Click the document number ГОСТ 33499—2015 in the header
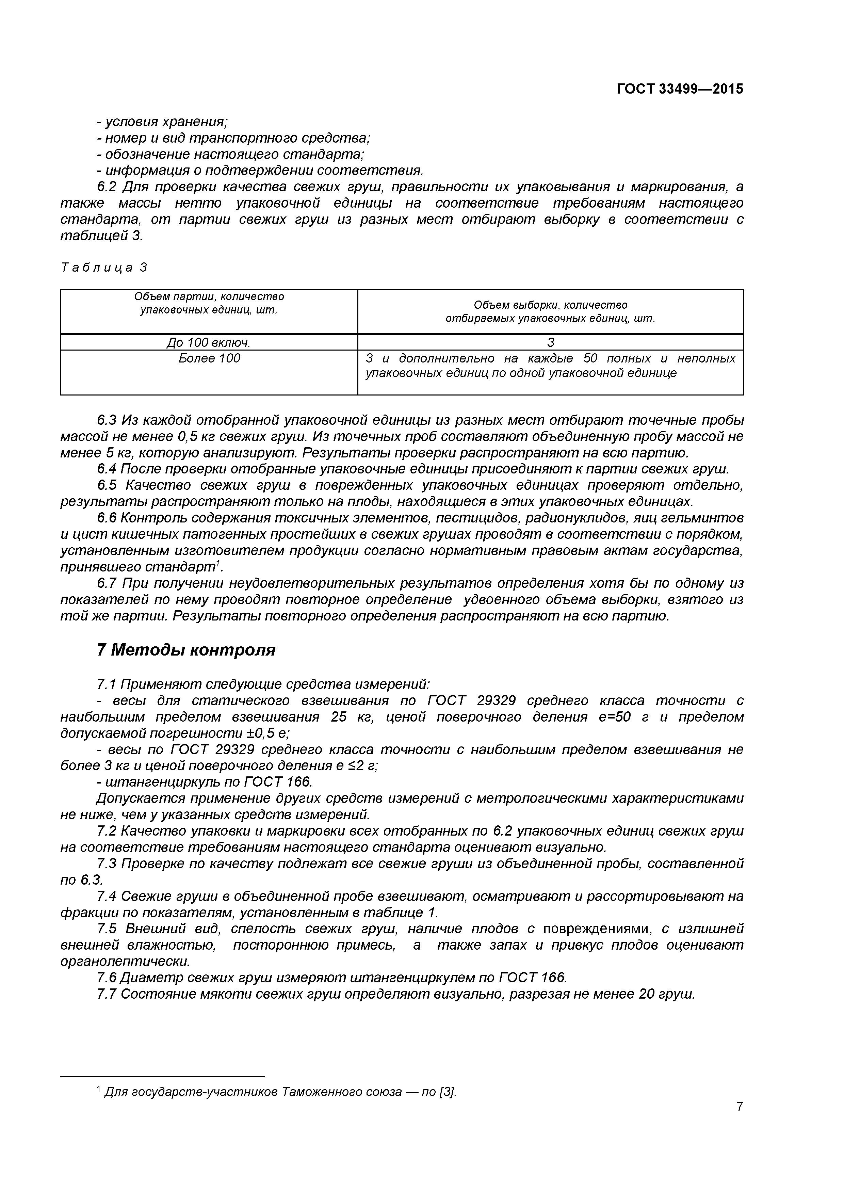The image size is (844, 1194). tap(680, 89)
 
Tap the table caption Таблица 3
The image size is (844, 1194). tap(104, 268)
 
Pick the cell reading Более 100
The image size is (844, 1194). tap(209, 358)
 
